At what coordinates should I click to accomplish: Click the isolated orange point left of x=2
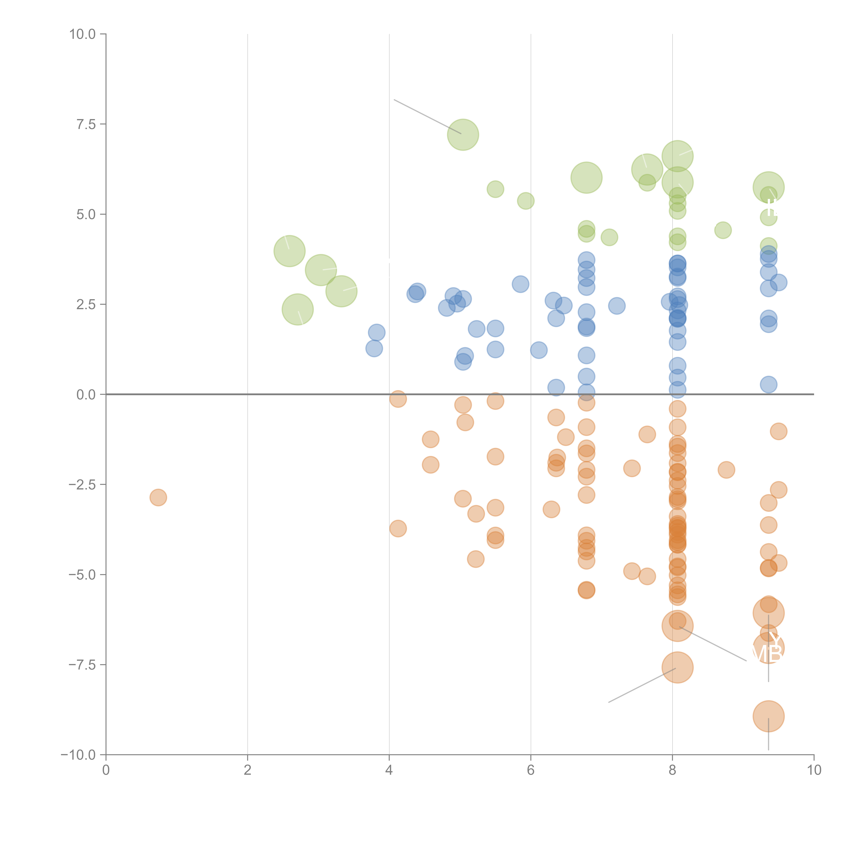(158, 497)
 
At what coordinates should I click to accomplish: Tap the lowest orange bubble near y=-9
(768, 716)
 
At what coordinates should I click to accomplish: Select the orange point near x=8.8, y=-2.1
(726, 470)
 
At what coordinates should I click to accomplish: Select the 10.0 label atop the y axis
(83, 34)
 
